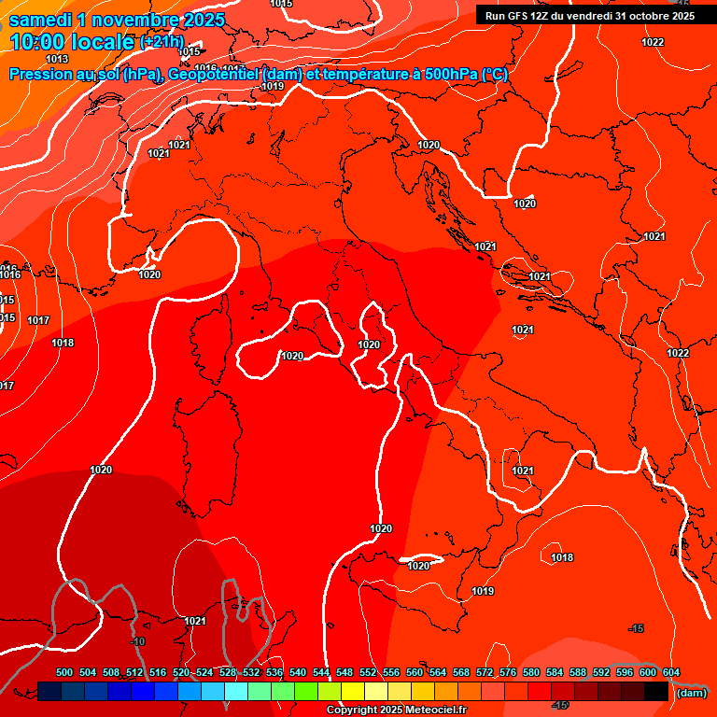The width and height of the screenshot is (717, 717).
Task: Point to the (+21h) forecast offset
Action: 162,43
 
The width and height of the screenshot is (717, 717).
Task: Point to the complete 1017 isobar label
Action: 38,320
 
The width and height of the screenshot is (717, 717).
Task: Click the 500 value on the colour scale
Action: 64,672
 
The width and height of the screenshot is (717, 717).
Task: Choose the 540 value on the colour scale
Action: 298,672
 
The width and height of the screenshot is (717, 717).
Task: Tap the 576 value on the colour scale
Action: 508,672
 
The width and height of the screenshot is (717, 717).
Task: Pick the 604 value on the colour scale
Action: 671,672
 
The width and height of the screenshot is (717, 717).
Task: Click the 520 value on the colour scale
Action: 181,672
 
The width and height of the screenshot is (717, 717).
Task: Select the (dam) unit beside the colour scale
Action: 691,692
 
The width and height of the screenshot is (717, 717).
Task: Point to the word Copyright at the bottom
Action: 350,710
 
